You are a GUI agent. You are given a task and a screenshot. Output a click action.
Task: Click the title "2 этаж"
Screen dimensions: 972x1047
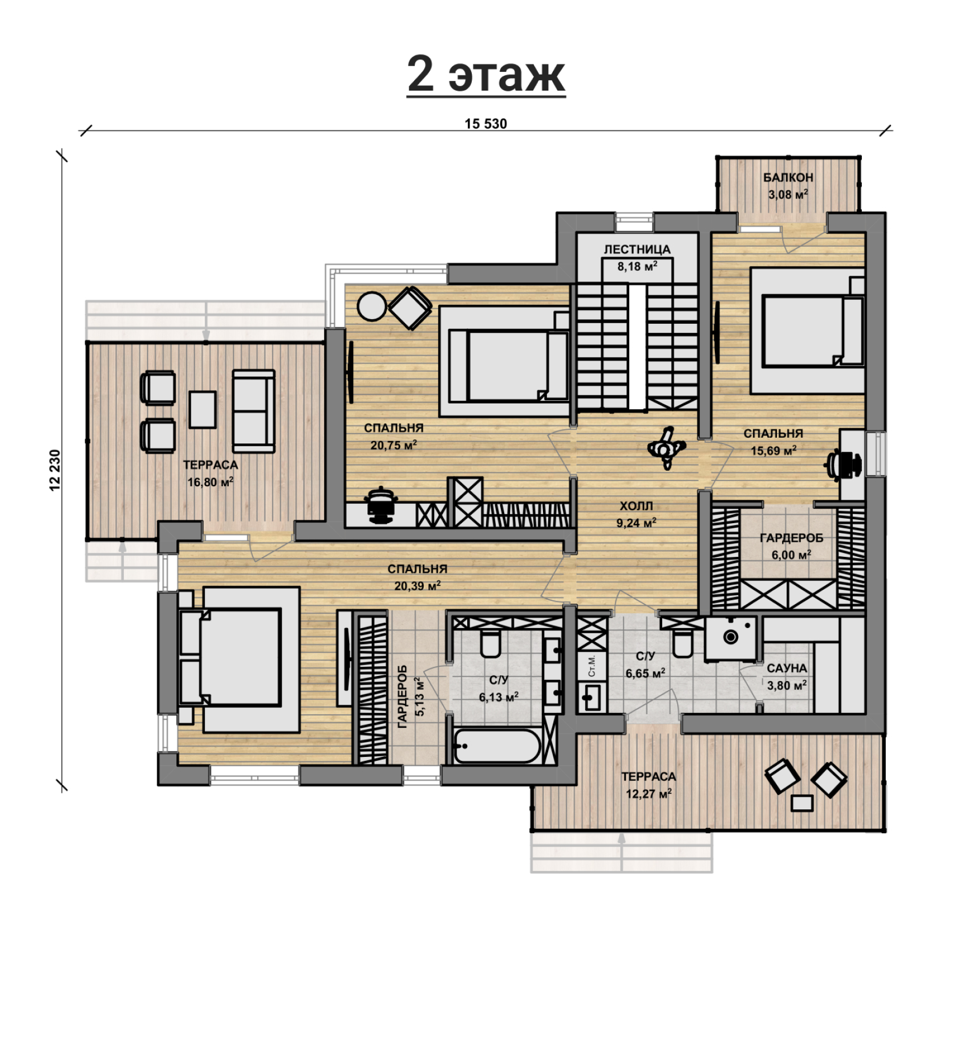(x=486, y=74)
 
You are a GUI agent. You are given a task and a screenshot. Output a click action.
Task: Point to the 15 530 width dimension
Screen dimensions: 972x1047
(x=485, y=124)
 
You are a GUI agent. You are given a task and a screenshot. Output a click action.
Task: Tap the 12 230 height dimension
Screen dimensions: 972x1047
(x=55, y=470)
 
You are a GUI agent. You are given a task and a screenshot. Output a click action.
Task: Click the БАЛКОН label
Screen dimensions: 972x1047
(x=788, y=178)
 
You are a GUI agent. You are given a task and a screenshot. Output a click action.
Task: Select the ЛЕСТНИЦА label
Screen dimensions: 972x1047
(x=637, y=250)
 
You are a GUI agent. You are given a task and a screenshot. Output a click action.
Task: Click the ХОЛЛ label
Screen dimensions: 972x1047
(x=637, y=506)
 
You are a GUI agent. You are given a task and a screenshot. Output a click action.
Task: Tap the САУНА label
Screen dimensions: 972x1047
(x=787, y=668)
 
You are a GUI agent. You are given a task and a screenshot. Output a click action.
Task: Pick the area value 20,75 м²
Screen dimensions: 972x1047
(x=394, y=445)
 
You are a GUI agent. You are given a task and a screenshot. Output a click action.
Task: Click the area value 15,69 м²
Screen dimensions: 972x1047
(x=773, y=451)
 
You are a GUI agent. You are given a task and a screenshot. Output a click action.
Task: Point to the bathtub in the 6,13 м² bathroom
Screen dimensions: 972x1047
(x=497, y=745)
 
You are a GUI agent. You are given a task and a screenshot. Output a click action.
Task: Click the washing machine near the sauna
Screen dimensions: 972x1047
(x=731, y=637)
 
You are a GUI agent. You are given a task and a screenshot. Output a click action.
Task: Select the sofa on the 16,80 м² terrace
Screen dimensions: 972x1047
(x=254, y=411)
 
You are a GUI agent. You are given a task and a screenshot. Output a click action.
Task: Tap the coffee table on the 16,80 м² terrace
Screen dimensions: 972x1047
(x=202, y=409)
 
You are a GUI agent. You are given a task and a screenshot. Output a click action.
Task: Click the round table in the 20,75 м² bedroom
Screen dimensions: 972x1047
(x=372, y=306)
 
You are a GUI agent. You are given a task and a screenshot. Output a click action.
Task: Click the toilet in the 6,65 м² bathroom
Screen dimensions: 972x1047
(x=682, y=644)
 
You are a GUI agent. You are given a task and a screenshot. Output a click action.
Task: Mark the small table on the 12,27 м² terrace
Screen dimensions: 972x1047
(x=802, y=803)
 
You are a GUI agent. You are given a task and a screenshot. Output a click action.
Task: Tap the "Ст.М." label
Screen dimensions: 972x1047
(x=592, y=666)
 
